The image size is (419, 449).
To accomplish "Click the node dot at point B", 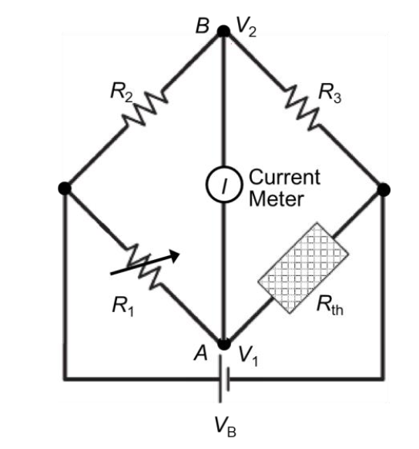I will tap(223, 32).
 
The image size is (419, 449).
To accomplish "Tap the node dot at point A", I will tap(223, 345).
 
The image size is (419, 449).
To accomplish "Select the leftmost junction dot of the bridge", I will tap(65, 188).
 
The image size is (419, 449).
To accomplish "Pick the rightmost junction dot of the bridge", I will tap(384, 188).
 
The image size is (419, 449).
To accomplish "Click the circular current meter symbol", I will tap(223, 185).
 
